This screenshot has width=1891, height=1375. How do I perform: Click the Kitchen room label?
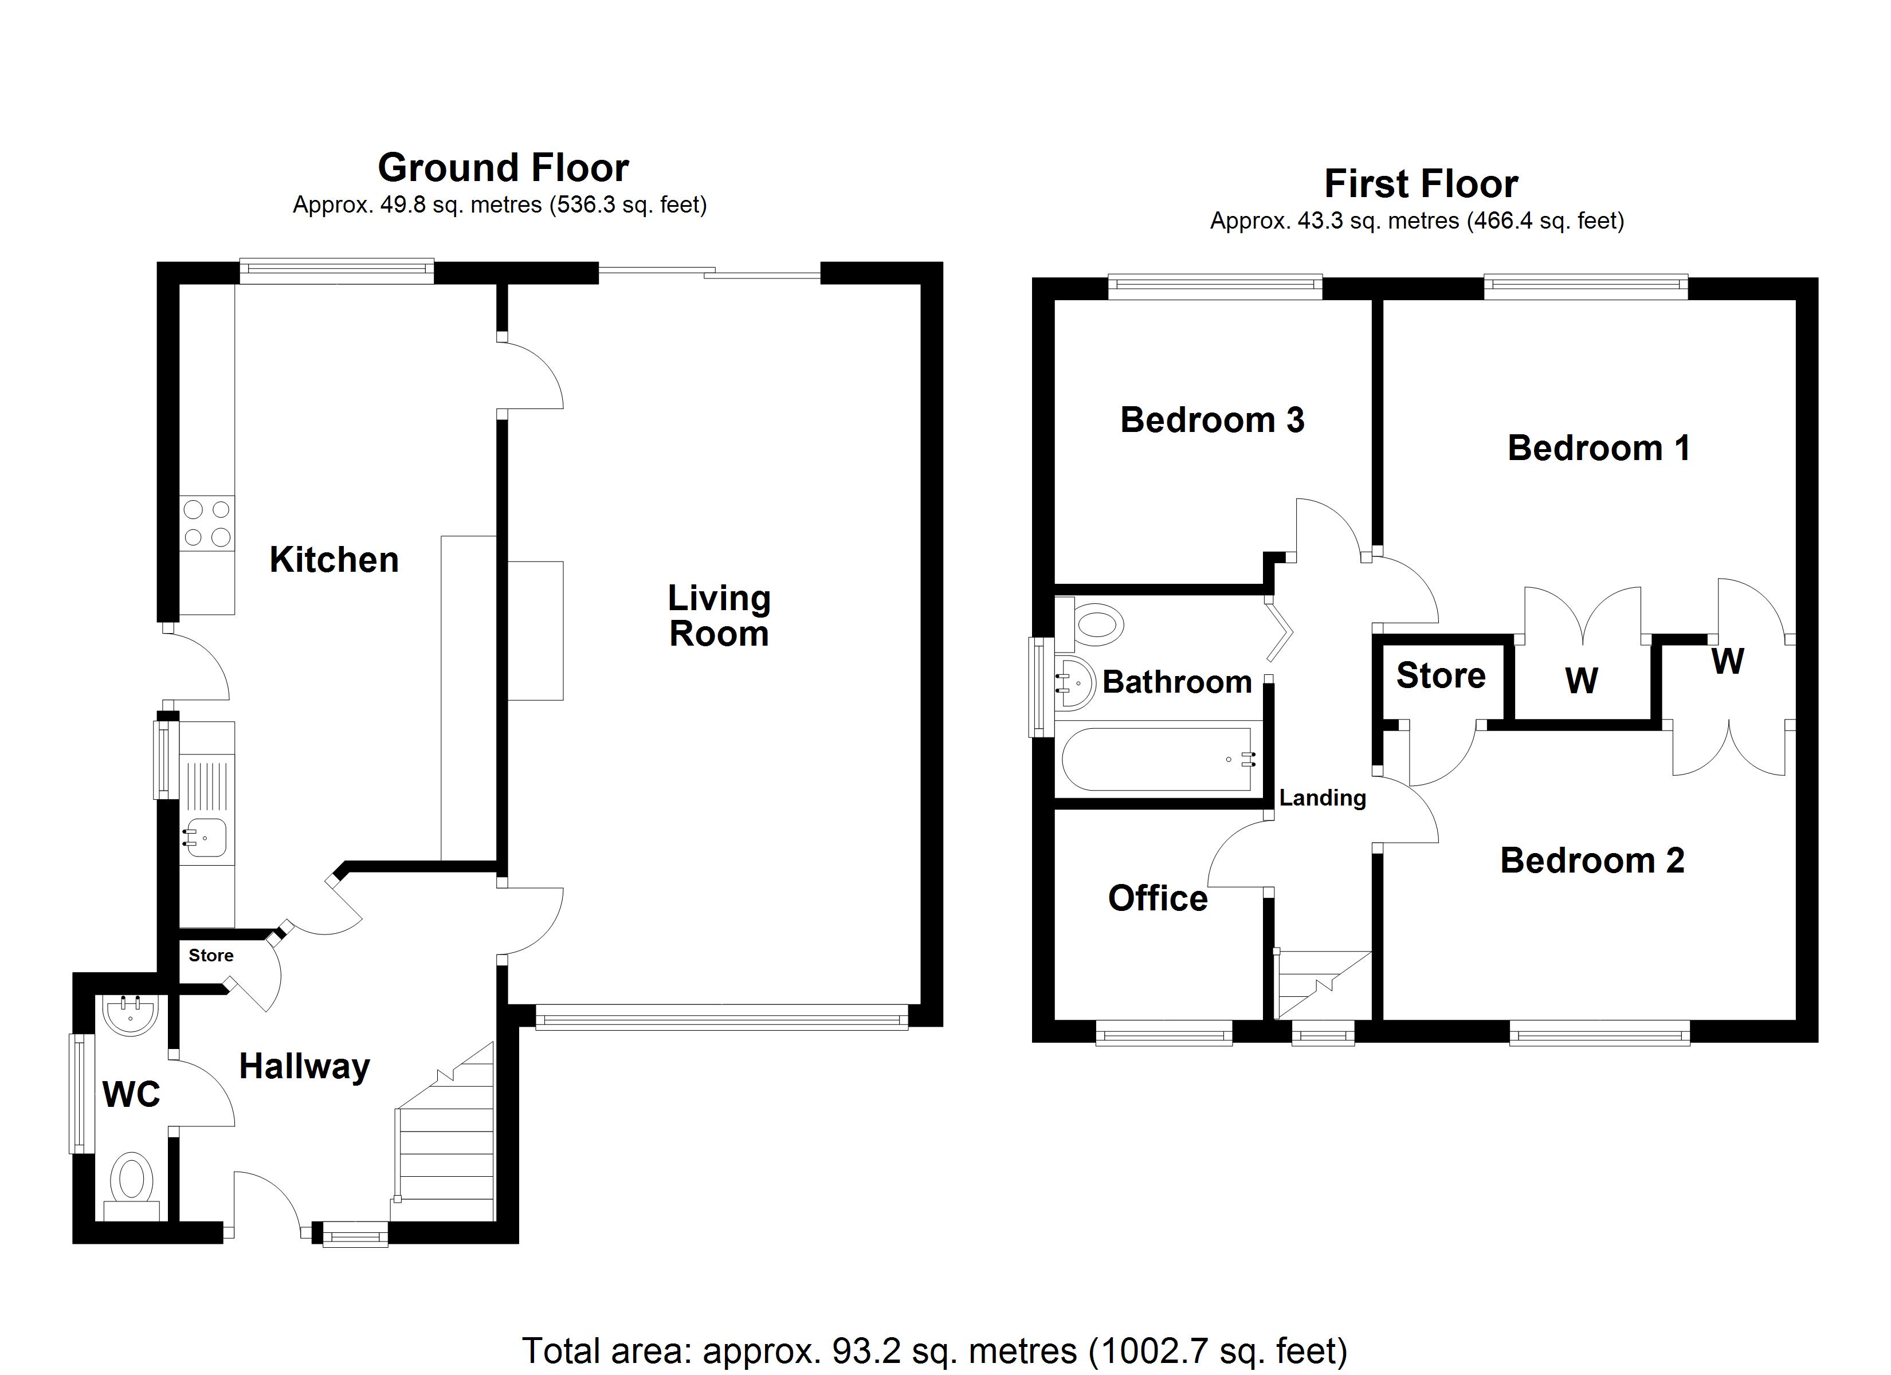point(334,560)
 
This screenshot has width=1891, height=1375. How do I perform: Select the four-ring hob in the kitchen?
point(207,524)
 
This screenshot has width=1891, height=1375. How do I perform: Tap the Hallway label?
point(304,1066)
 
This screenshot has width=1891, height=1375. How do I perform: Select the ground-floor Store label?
point(211,956)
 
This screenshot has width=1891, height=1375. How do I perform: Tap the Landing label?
point(1323,798)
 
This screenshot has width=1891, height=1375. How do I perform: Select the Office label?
point(1158,898)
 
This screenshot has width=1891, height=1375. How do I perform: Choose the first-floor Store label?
point(1440,675)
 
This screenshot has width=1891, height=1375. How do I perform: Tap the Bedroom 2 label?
point(1592,860)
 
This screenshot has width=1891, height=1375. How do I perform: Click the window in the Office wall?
point(1164,1036)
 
